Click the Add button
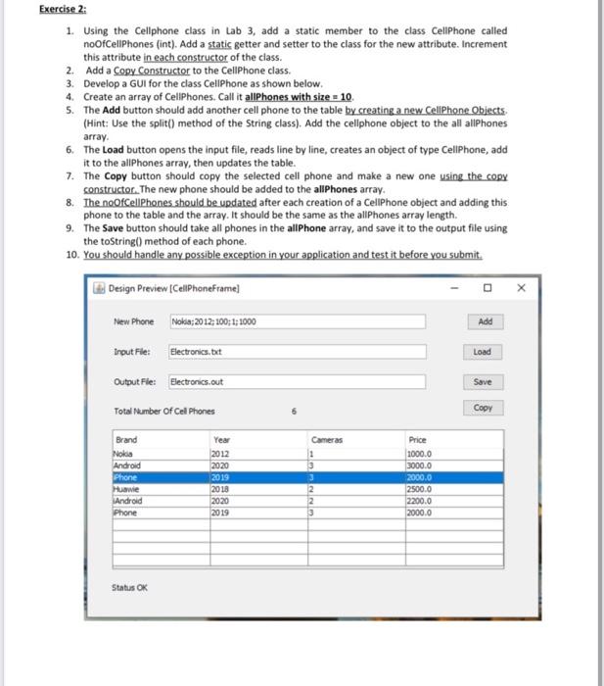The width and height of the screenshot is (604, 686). coord(483,321)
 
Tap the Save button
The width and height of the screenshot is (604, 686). coord(483,380)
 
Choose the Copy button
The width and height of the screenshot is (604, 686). coord(483,408)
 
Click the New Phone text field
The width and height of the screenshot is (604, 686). coord(297,322)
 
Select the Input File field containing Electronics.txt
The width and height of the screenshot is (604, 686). coord(297,352)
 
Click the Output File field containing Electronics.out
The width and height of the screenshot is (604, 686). coord(297,381)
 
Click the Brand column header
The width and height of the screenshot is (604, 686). coord(127,441)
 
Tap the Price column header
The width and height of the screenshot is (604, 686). coord(418,441)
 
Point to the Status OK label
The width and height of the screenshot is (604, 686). coord(131,588)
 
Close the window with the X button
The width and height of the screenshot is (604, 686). coord(520,288)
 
